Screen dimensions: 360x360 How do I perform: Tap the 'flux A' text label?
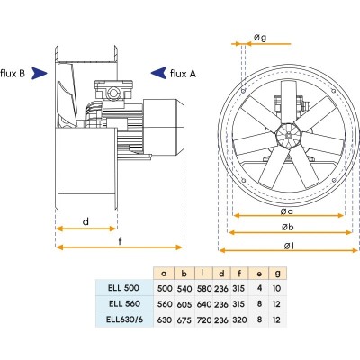[x=183, y=74]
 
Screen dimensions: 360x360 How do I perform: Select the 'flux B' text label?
[x=13, y=73]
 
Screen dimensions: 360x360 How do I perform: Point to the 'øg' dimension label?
[x=260, y=38]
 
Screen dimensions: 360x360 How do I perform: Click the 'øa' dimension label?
[x=287, y=211]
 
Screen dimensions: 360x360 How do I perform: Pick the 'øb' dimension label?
[x=288, y=227]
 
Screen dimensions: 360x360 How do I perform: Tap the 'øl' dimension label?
[x=289, y=246]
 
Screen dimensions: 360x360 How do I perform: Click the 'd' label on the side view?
[x=85, y=221]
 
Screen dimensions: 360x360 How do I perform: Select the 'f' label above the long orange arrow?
[x=121, y=240]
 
